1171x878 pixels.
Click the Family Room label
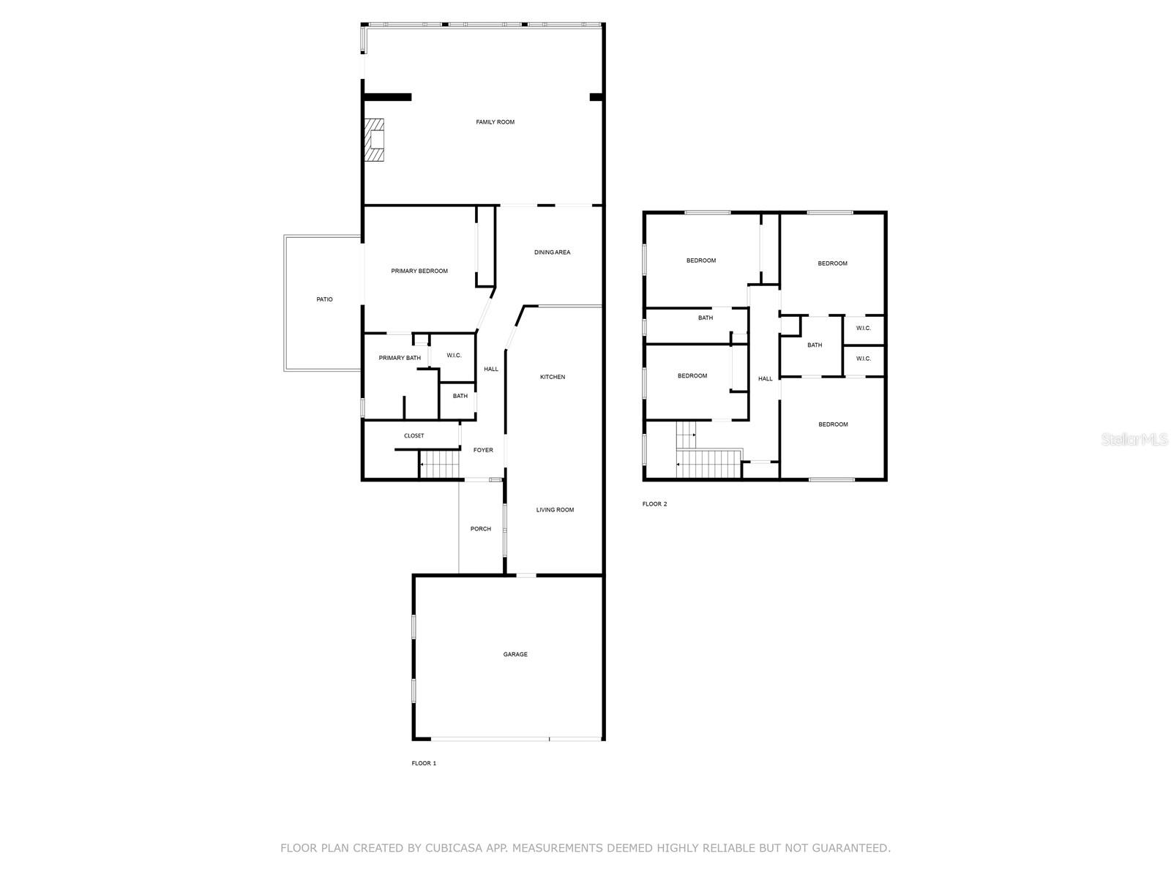click(495, 122)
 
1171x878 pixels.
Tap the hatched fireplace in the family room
click(374, 140)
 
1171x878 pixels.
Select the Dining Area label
click(552, 252)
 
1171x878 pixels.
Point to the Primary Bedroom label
click(419, 271)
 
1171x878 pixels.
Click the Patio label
click(324, 299)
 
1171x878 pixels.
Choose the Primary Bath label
click(400, 358)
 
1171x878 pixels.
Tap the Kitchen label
click(553, 377)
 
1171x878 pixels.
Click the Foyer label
click(483, 450)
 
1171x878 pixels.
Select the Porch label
click(481, 529)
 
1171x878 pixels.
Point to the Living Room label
click(555, 510)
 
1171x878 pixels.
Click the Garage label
click(515, 654)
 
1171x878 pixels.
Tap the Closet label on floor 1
click(414, 435)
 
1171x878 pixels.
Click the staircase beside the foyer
click(439, 465)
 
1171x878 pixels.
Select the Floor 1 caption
click(424, 763)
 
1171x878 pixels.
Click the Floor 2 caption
click(654, 504)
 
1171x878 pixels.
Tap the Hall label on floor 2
click(766, 378)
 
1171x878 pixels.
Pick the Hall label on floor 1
click(491, 369)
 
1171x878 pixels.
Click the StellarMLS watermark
click(1134, 440)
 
